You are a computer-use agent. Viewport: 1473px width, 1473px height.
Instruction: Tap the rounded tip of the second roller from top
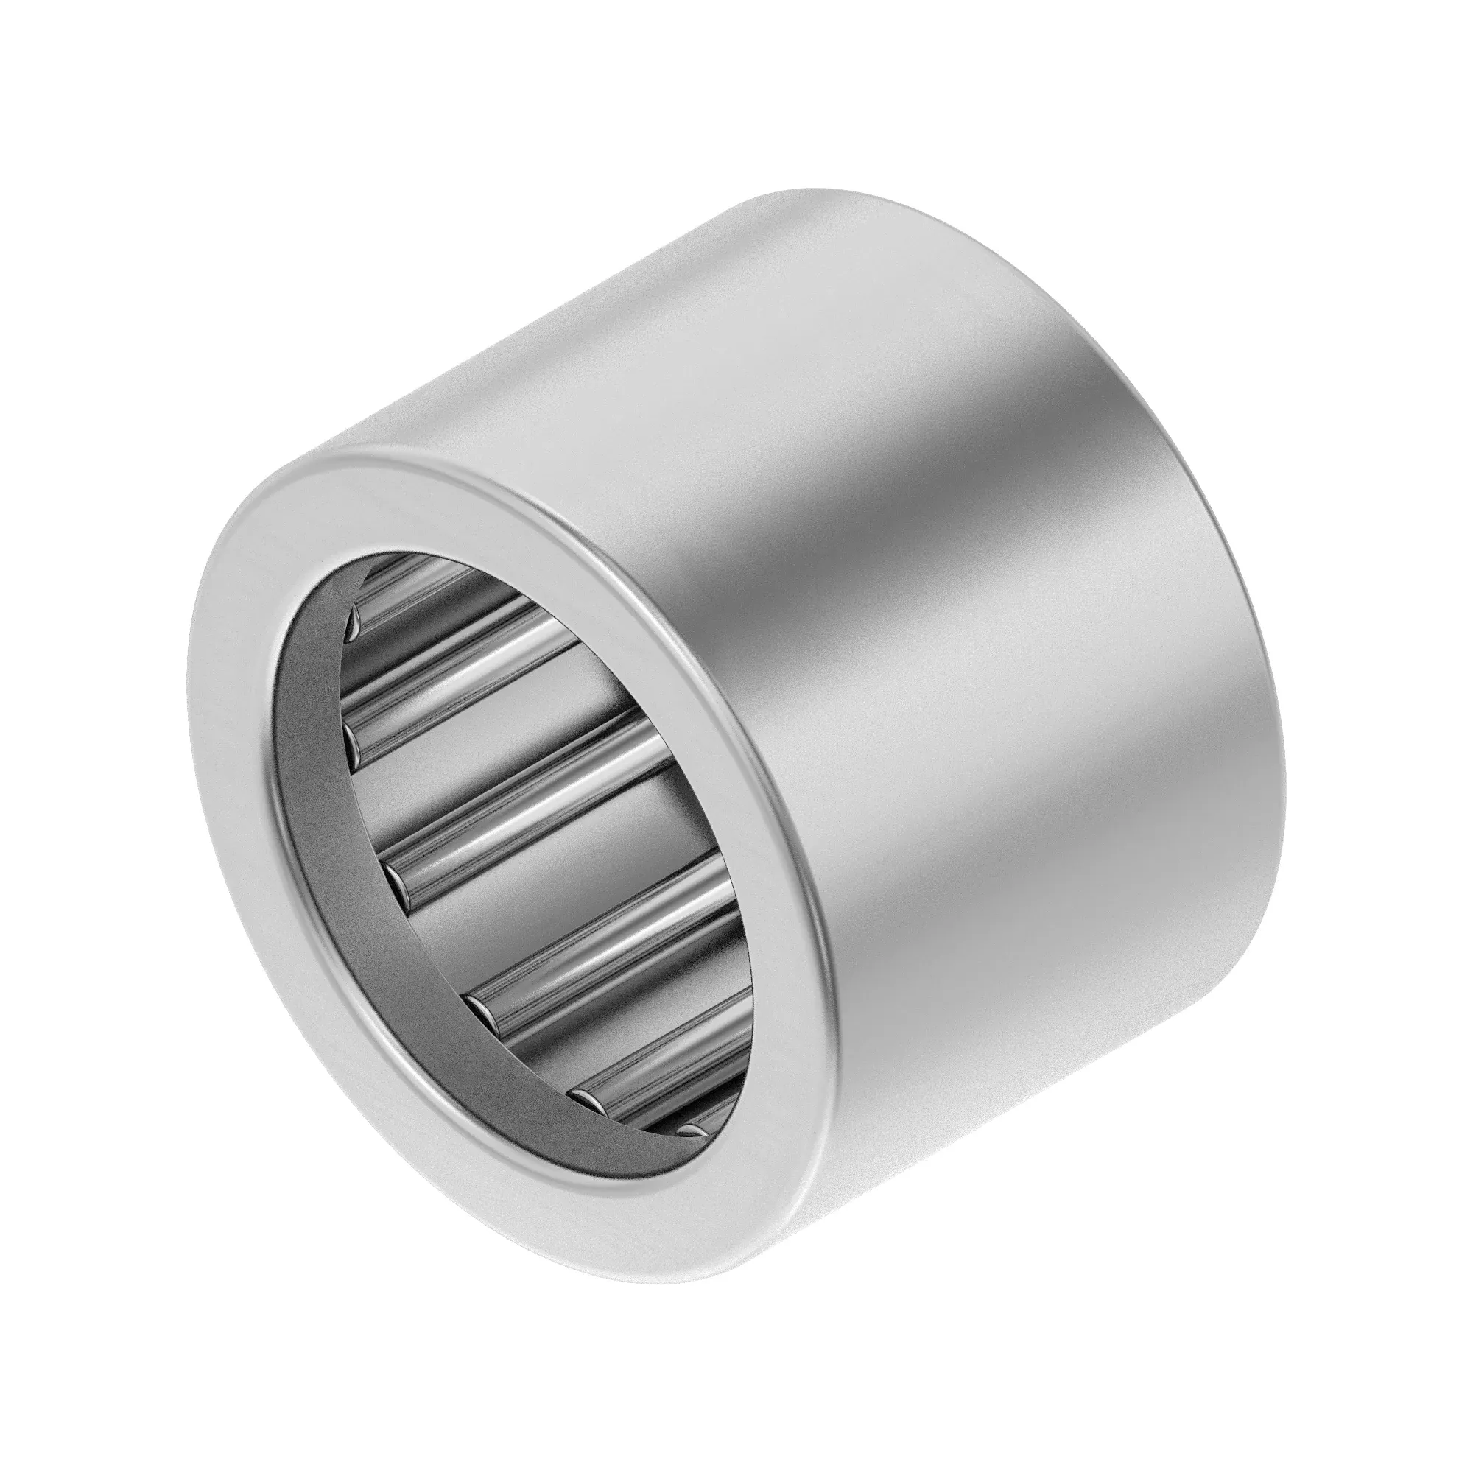(354, 736)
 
